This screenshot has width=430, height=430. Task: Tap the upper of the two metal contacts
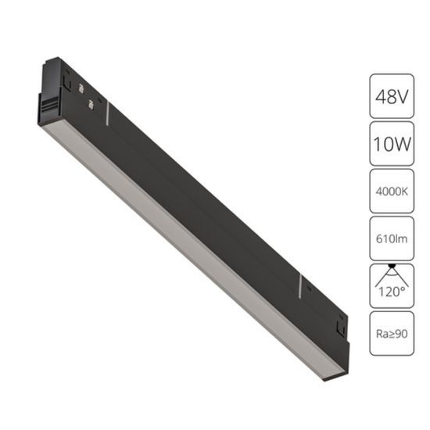79,88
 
